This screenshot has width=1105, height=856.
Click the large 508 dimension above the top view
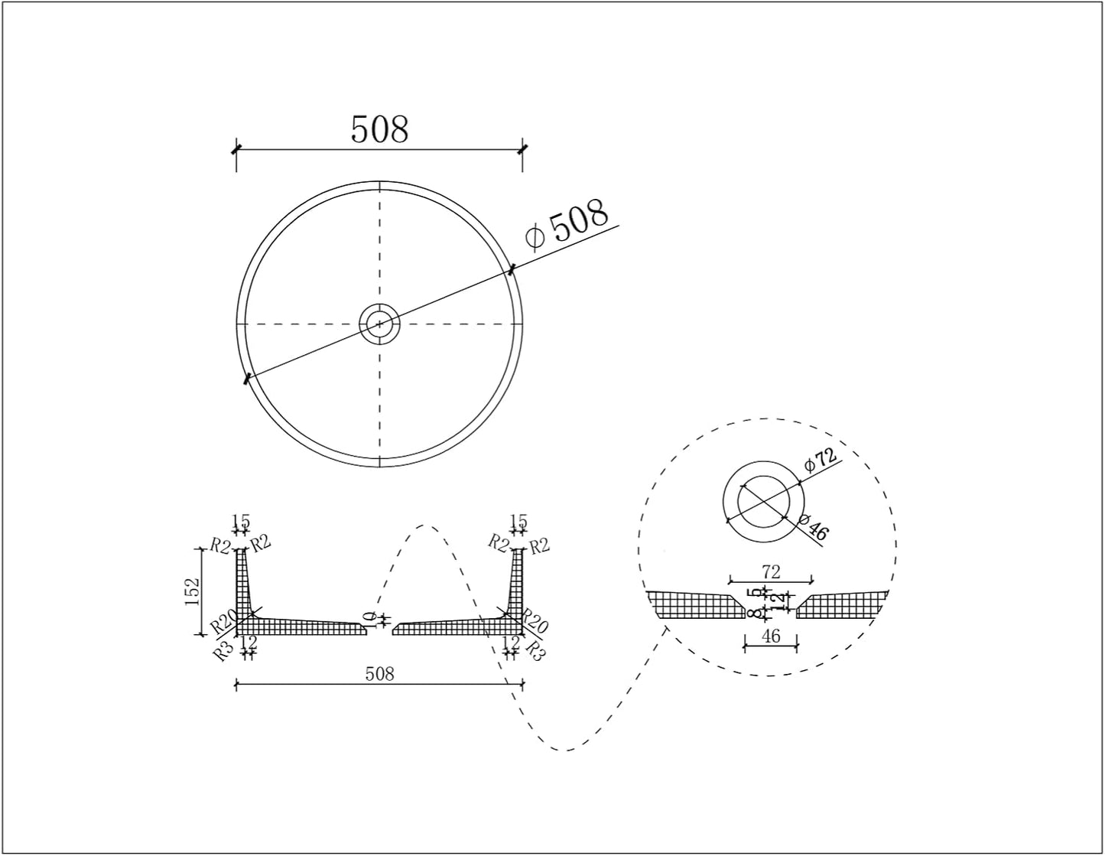click(x=379, y=129)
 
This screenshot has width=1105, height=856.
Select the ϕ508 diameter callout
click(x=568, y=223)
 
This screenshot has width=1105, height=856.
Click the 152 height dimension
click(x=192, y=591)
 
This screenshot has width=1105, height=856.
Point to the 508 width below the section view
click(x=379, y=673)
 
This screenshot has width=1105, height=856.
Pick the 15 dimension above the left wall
click(x=241, y=522)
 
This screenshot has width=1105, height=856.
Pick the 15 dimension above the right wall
click(x=518, y=522)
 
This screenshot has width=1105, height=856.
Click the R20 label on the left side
click(x=223, y=624)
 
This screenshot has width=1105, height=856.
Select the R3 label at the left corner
click(x=223, y=652)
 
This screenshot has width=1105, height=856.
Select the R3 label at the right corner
click(x=536, y=650)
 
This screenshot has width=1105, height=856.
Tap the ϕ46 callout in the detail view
click(x=813, y=528)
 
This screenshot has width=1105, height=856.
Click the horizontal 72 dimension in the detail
click(x=771, y=571)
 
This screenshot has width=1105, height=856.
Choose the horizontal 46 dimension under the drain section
click(x=771, y=636)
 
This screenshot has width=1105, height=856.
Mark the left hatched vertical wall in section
click(x=242, y=581)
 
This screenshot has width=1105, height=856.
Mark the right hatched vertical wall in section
click(x=518, y=581)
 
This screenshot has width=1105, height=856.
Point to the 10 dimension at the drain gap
click(x=370, y=619)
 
